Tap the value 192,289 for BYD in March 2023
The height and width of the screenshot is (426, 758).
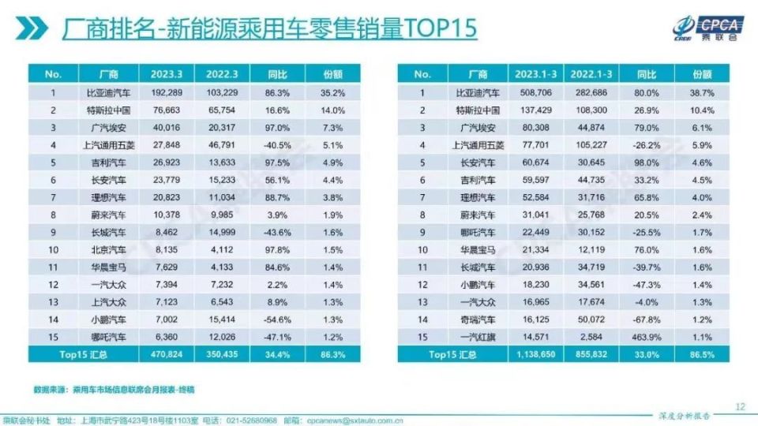point(162,92)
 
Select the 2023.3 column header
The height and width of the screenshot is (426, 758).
point(162,74)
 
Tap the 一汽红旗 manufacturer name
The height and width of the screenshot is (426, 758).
point(477,338)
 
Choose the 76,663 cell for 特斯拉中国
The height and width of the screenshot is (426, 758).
point(162,110)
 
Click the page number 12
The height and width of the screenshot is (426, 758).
point(740,406)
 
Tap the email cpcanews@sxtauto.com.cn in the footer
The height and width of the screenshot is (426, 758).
point(355,419)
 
